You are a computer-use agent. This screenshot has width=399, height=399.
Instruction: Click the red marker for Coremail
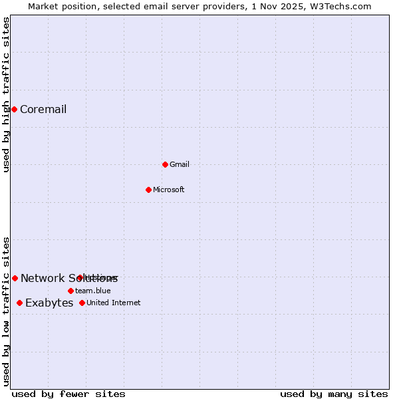(14, 109)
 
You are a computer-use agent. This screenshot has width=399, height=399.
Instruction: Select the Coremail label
(43, 110)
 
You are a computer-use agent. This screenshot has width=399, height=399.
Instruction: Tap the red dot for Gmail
(165, 164)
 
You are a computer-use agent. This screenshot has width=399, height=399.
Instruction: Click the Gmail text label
(180, 165)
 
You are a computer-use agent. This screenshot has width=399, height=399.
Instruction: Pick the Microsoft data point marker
(148, 190)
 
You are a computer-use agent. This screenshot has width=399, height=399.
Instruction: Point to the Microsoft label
(169, 190)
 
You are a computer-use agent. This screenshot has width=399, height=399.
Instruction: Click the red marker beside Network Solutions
(15, 278)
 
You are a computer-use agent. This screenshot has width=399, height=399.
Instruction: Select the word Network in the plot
(43, 279)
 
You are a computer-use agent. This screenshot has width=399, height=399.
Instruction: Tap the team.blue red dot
(70, 291)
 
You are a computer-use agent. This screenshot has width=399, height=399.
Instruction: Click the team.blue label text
(92, 291)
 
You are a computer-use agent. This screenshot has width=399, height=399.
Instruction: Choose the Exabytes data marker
(19, 303)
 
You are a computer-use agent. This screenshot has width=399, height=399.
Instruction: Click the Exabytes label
(49, 303)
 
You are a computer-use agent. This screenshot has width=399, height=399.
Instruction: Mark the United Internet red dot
(82, 303)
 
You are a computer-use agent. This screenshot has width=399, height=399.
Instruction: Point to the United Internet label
(113, 303)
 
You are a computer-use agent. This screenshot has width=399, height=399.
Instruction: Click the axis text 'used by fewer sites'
(68, 394)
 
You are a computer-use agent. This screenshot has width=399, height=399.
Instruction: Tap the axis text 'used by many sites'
(334, 394)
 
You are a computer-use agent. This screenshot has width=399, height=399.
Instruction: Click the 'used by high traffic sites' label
(7, 94)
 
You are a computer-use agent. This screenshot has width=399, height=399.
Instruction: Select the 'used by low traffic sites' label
(7, 311)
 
